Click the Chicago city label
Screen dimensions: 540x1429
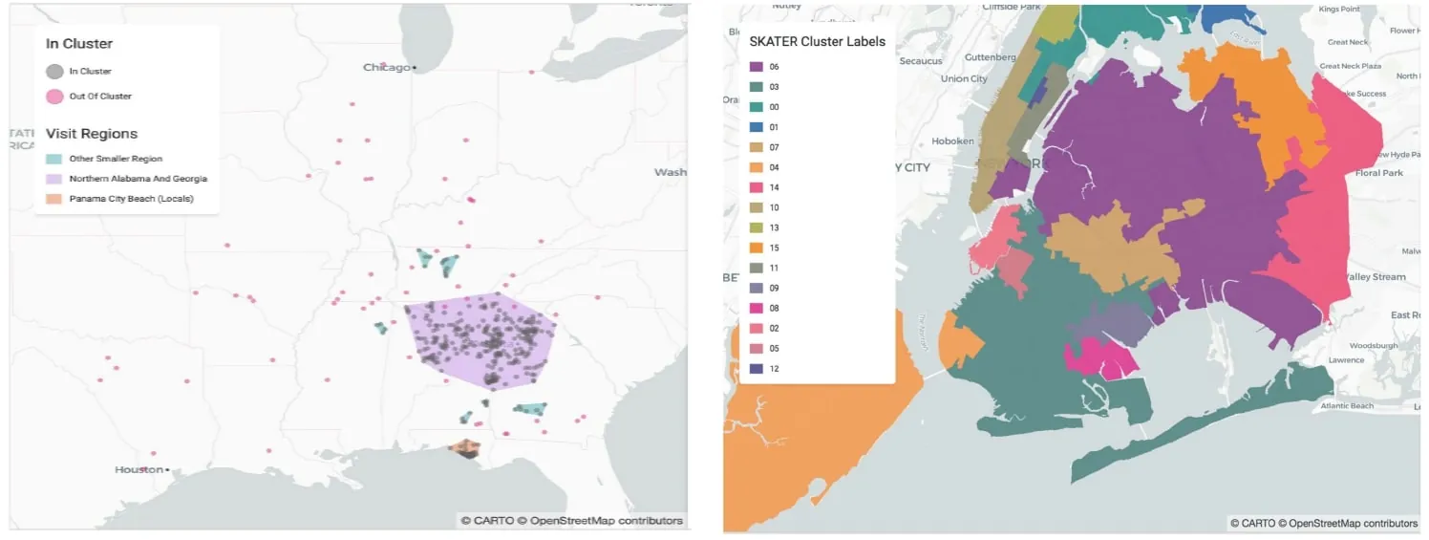tap(387, 67)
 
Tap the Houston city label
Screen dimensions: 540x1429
tap(139, 469)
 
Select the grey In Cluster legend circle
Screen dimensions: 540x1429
tap(55, 71)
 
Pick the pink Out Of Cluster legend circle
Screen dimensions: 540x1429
tap(55, 96)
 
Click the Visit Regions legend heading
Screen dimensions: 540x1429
tap(92, 134)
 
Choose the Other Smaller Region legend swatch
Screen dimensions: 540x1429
tap(54, 159)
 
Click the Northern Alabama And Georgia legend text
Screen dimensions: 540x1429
tap(138, 179)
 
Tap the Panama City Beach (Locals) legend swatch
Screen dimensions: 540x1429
tap(54, 199)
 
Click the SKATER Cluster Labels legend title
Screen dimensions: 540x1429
tap(817, 41)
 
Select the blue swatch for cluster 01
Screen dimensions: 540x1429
tap(756, 127)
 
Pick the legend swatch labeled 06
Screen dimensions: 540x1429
tap(756, 67)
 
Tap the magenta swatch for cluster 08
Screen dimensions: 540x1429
tap(756, 308)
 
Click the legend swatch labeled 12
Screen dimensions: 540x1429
tap(756, 368)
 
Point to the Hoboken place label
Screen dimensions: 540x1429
tap(952, 141)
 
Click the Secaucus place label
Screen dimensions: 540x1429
tap(922, 61)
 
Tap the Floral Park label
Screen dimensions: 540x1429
tap(1379, 173)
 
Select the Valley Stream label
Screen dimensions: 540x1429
tap(1375, 277)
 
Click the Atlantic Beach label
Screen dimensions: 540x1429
tap(1347, 406)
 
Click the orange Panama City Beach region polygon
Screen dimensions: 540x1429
tap(465, 447)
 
